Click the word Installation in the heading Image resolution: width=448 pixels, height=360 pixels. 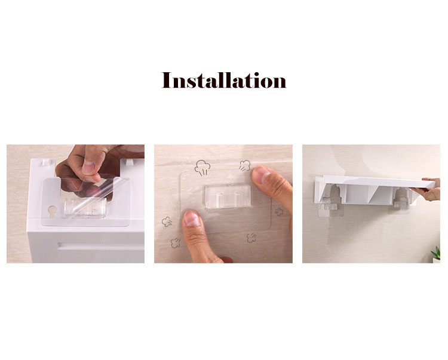pos(224,80)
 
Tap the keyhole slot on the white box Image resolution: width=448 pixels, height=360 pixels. pos(53,211)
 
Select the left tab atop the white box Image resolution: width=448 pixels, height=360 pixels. pos(47,162)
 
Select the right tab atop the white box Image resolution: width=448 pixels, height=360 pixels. pos(130,162)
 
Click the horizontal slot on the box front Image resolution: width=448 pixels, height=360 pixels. pos(100,245)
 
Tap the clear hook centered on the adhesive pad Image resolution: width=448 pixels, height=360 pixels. pos(228,196)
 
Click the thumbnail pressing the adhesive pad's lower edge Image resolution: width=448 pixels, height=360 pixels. pos(192,219)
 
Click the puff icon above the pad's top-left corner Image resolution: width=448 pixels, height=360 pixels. pos(202,167)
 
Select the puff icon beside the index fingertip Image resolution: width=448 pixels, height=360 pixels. pos(245,165)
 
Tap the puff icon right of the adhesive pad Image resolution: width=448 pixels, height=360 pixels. pos(279,211)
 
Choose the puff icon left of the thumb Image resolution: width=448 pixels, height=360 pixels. pos(167,222)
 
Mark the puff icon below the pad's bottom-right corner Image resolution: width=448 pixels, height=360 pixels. pos(251,238)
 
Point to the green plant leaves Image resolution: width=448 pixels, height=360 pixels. pos(436,253)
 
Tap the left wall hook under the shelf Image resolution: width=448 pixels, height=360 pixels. pos(330,205)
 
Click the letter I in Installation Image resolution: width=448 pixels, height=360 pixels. pos(166,80)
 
